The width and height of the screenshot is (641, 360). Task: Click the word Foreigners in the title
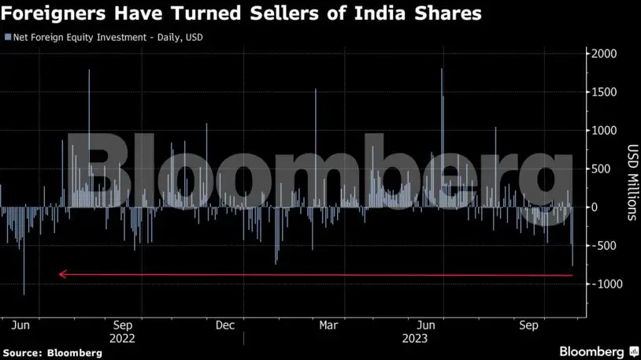[x=53, y=13]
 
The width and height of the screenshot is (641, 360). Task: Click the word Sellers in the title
[x=284, y=13]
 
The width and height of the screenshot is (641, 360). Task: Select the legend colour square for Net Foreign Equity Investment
[x=8, y=37]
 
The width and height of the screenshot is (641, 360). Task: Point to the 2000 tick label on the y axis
[x=604, y=54]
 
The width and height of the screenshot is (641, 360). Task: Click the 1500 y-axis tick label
[x=604, y=92]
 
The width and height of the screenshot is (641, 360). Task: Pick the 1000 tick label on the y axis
[x=604, y=131]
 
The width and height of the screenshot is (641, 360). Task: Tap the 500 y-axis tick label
[x=601, y=169]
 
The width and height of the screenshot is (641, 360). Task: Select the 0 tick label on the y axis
[x=595, y=207]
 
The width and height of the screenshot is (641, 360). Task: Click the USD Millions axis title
[x=632, y=183]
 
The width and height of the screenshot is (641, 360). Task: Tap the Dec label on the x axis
[x=225, y=325]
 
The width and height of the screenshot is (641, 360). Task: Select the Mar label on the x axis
[x=328, y=325]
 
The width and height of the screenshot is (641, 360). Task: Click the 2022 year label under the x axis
[x=122, y=339]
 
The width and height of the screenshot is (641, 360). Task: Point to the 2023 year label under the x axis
[x=414, y=339]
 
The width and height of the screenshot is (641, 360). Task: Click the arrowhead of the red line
[x=62, y=274]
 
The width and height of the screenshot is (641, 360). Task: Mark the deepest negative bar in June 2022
[x=24, y=251]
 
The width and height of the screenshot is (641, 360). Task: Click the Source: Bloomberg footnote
[x=52, y=353]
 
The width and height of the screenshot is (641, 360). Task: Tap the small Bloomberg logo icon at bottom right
[x=634, y=351]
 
